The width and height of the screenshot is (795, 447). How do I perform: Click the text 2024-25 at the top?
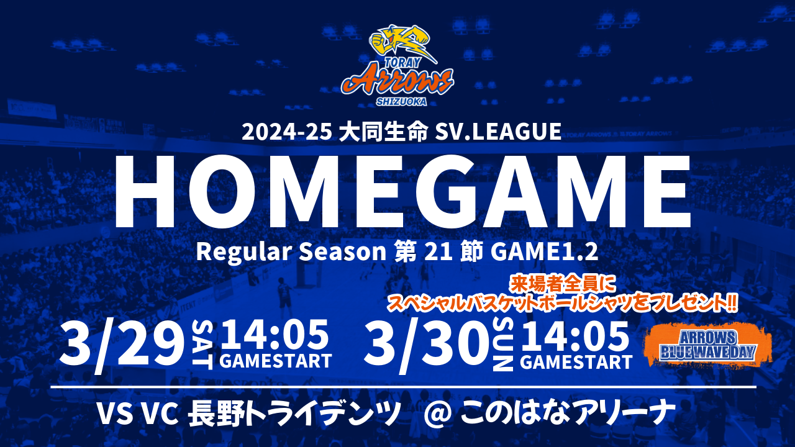(x=287, y=132)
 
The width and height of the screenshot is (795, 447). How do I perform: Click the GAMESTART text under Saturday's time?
(x=276, y=361)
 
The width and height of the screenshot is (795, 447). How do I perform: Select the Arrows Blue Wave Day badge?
(x=707, y=345)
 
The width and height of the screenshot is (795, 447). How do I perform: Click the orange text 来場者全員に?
(x=562, y=285)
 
